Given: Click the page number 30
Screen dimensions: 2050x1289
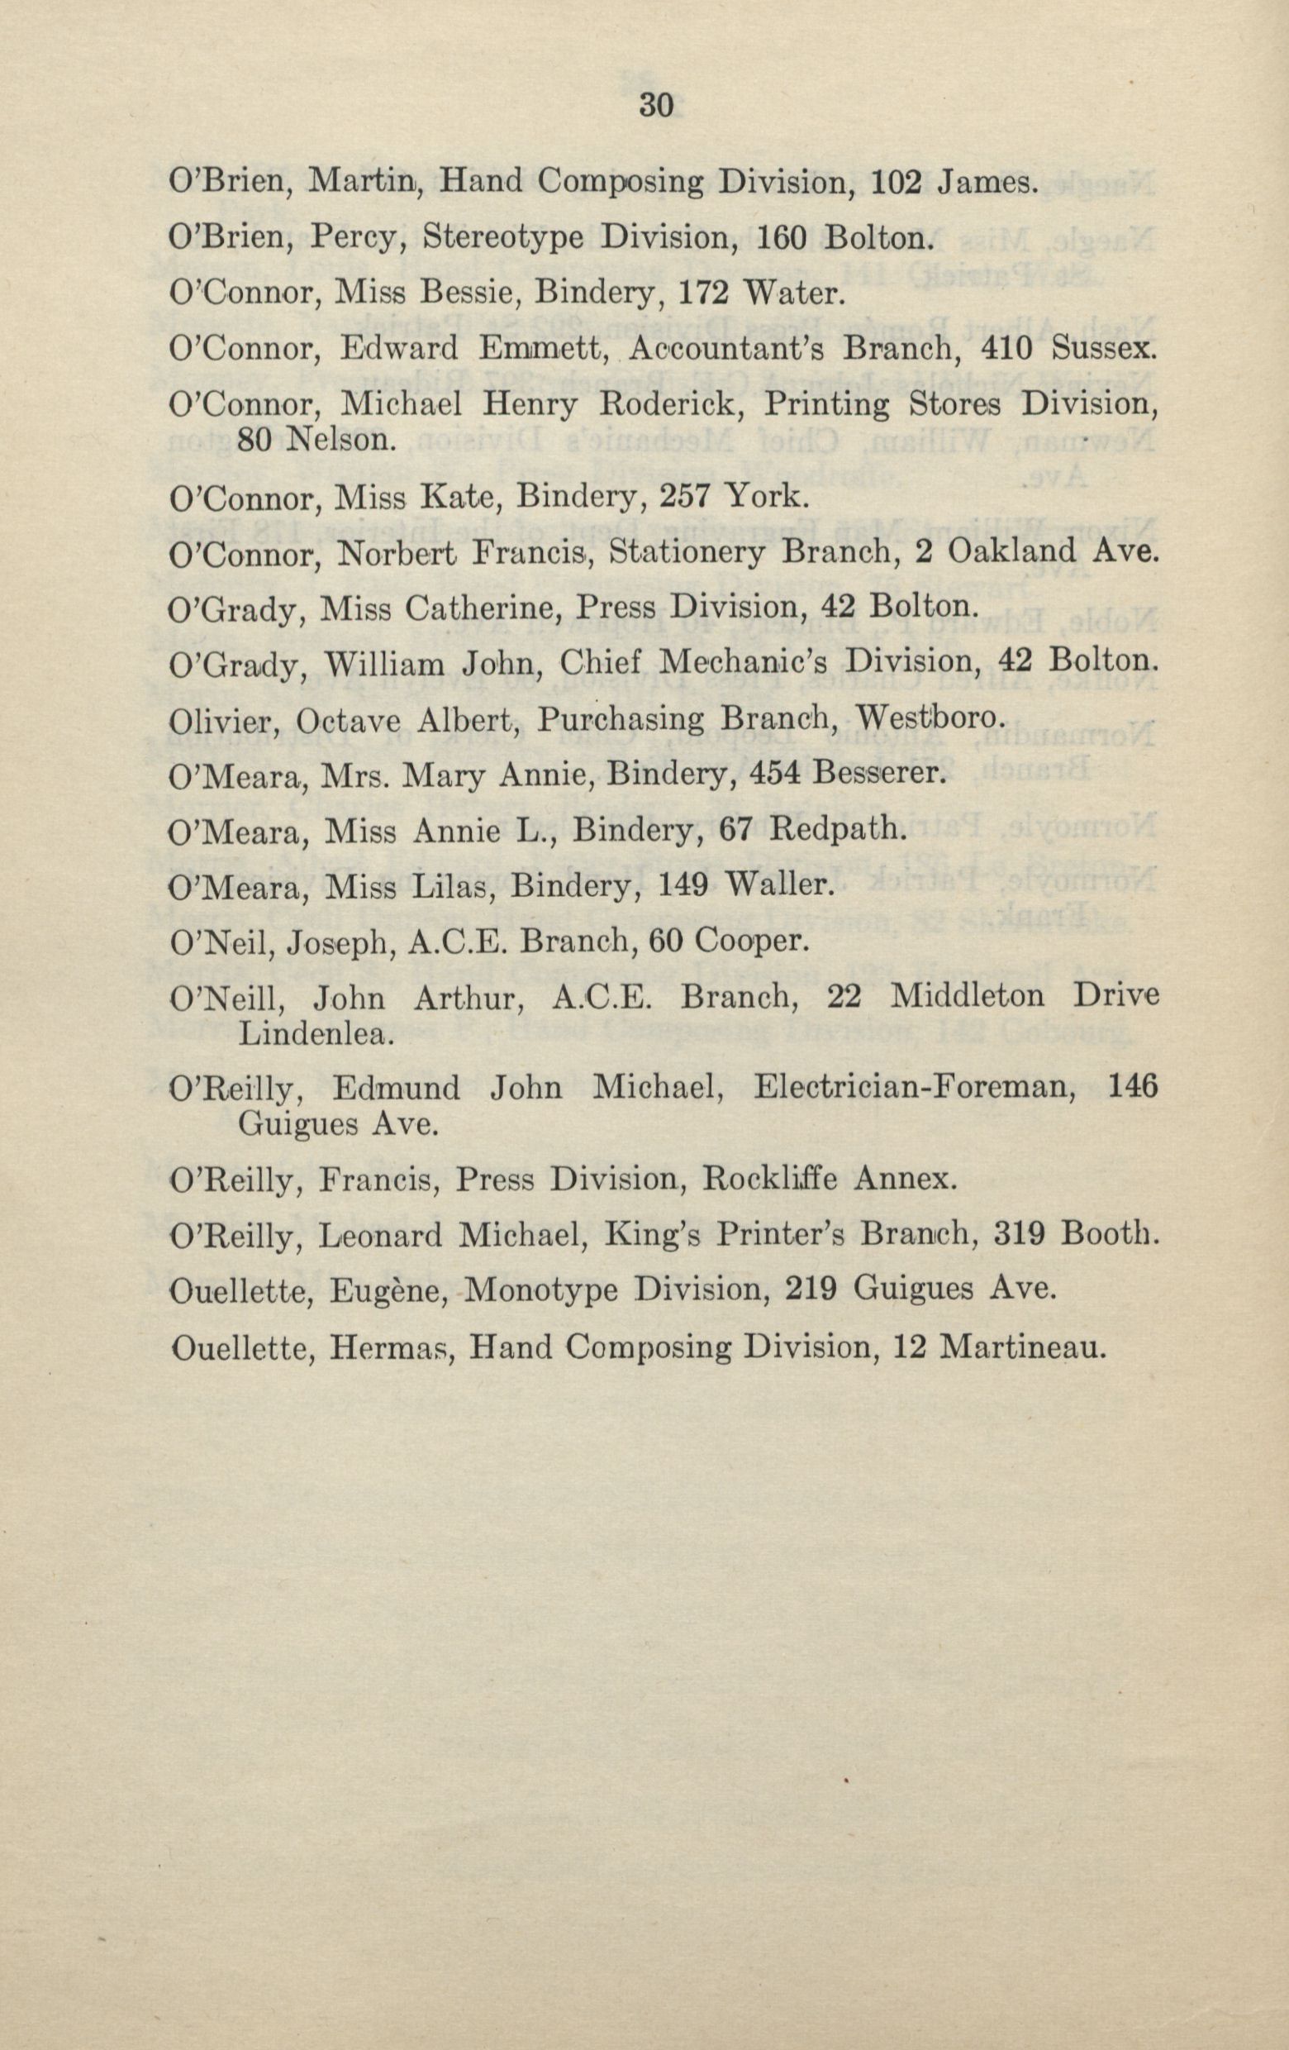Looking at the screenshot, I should tap(655, 106).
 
